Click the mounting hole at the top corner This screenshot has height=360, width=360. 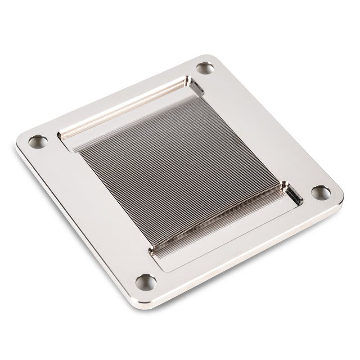tap(205, 68)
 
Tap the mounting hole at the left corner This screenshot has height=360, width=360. tap(38, 142)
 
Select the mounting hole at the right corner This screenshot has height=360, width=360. tap(321, 193)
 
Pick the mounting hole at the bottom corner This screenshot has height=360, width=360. tap(146, 282)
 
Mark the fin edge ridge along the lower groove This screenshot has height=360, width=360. tap(216, 218)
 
